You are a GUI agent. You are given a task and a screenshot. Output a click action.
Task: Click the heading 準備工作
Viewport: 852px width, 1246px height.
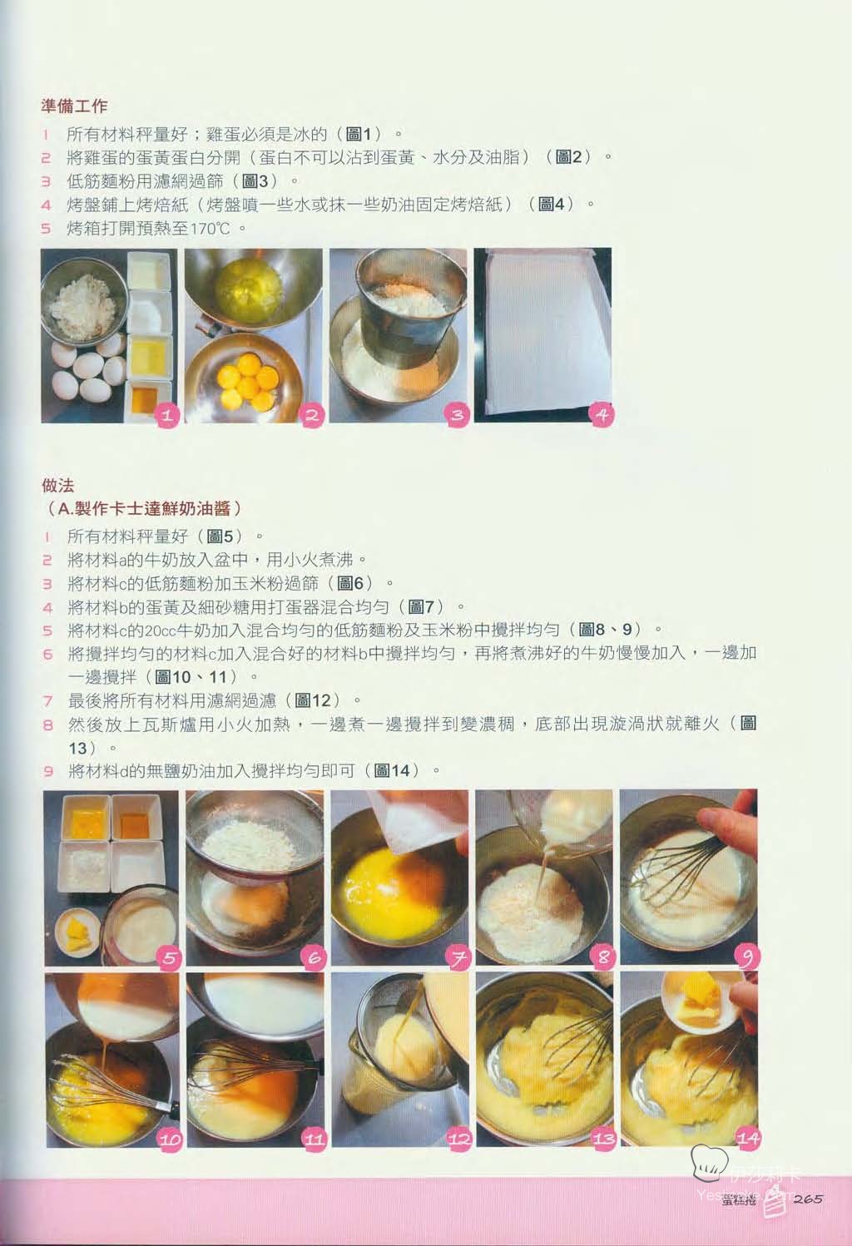tap(74, 106)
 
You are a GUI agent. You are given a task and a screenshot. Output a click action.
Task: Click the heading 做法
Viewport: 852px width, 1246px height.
tap(58, 485)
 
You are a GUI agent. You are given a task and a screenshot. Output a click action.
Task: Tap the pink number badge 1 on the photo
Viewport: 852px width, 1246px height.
tap(167, 414)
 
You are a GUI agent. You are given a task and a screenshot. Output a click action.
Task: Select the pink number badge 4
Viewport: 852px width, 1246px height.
tap(601, 414)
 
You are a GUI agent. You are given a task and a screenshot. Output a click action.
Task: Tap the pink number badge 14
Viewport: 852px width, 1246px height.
tap(747, 1138)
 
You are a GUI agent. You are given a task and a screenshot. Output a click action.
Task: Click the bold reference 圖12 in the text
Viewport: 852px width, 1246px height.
tap(313, 700)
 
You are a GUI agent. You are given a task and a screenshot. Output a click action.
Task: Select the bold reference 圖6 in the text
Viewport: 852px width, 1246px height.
tap(350, 584)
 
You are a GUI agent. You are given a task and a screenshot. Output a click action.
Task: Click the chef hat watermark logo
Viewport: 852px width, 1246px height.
tap(708, 1162)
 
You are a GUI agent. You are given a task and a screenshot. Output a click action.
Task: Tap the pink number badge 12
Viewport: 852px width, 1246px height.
tap(458, 1140)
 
